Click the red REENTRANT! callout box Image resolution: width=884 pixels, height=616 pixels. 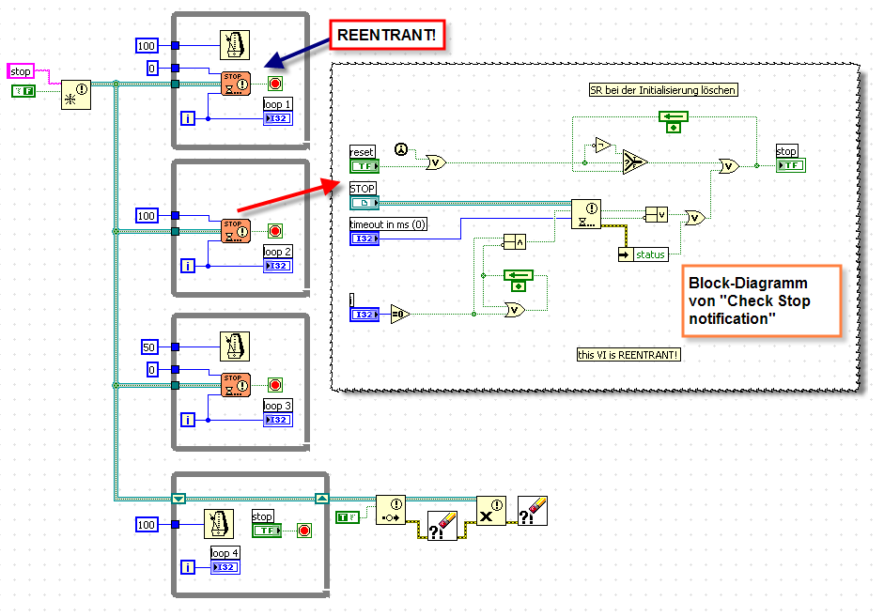pyautogui.click(x=386, y=36)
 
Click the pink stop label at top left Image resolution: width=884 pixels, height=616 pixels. pyautogui.click(x=21, y=71)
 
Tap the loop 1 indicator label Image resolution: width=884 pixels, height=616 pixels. pyautogui.click(x=278, y=104)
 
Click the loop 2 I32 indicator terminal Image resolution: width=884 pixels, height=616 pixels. pyautogui.click(x=278, y=267)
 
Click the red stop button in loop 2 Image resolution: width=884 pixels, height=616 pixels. pyautogui.click(x=275, y=230)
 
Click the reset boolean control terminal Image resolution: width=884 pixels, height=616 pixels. pyautogui.click(x=364, y=166)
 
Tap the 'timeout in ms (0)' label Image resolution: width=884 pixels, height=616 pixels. pyautogui.click(x=388, y=224)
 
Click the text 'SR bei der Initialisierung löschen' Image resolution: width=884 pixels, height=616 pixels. pyautogui.click(x=657, y=90)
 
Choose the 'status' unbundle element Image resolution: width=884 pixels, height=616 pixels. pyautogui.click(x=649, y=254)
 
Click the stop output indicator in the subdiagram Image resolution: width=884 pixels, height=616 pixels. pyautogui.click(x=789, y=165)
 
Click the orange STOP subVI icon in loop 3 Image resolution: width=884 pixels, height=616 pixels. pyautogui.click(x=235, y=384)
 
